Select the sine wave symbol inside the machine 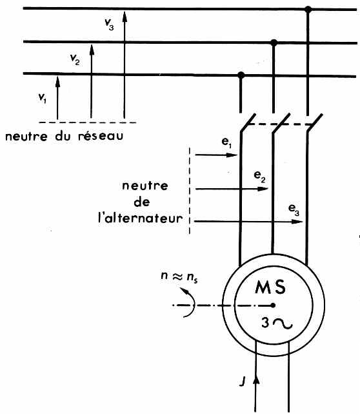pos(282,324)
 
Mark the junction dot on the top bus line pos(308,10)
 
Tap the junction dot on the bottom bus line pos(241,75)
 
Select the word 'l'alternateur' pos(152,217)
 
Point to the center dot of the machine pos(274,305)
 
